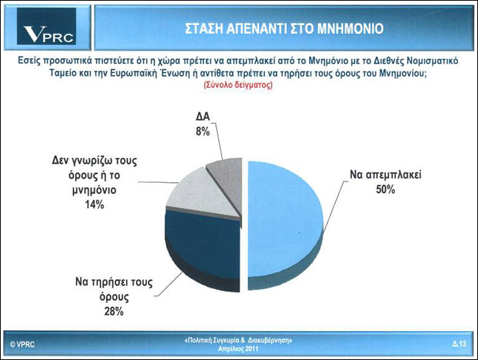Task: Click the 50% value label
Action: tap(385, 190)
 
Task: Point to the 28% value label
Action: tap(114, 311)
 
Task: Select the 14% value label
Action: tap(94, 204)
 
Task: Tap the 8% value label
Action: tap(203, 131)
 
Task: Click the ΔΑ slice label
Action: tap(203, 117)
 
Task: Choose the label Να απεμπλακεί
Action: tap(385, 175)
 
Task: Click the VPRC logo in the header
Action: tap(46, 27)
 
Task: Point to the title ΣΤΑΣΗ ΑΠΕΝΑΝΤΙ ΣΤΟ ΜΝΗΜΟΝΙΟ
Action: tap(284, 29)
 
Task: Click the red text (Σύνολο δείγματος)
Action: tap(238, 85)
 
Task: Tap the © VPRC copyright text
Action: tap(22, 345)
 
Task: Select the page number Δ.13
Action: tap(460, 344)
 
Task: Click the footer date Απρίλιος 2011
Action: tap(238, 349)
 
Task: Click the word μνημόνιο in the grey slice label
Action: tap(94, 190)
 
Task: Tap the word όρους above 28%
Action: tap(114, 297)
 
